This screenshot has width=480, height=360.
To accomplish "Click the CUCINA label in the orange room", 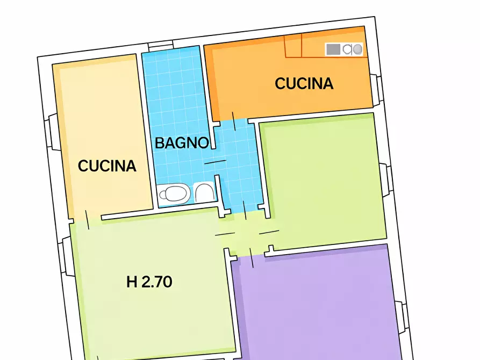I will (x=304, y=84).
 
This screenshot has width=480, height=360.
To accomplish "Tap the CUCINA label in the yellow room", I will (x=107, y=166).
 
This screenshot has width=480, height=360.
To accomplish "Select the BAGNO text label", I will (x=182, y=143).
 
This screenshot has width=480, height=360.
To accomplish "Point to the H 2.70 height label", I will (x=149, y=282).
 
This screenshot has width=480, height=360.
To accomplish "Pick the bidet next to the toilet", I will (x=204, y=192).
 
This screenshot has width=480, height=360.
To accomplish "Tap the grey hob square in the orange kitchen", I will (x=333, y=49).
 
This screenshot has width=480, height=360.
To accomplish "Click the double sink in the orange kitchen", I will (x=353, y=49).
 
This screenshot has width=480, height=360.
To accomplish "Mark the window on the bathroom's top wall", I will (x=161, y=47).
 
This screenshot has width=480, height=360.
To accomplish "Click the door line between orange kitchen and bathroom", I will (x=233, y=121).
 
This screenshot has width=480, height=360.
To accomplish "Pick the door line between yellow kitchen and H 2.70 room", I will (x=87, y=218).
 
